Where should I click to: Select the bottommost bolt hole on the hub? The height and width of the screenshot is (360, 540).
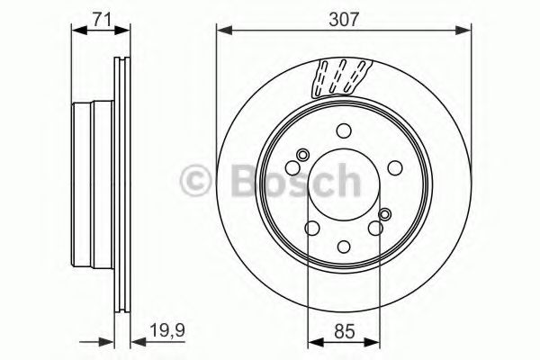pos(345,246)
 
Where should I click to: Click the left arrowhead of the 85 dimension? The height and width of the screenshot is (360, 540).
pos(313,340)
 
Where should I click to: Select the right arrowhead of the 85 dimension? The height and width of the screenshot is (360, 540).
pos(375,340)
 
